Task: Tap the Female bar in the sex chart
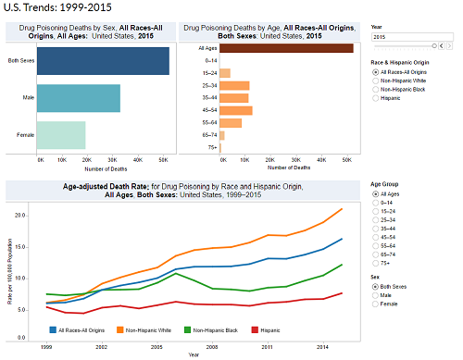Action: click(73, 136)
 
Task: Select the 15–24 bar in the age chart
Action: click(225, 72)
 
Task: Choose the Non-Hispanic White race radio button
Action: click(374, 81)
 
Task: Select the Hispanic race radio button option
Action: click(374, 98)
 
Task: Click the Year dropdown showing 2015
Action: click(407, 37)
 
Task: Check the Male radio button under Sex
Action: click(374, 296)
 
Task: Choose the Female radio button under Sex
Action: click(374, 305)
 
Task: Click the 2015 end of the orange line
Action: click(342, 209)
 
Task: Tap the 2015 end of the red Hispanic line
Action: click(342, 293)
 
